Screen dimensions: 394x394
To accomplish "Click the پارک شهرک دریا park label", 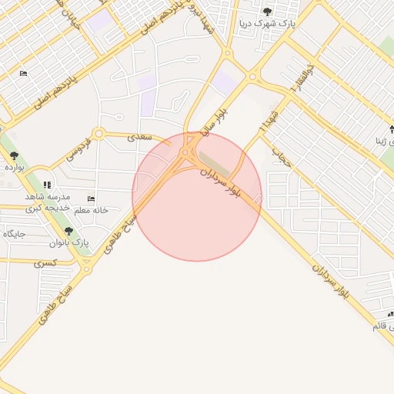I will [x=267, y=23].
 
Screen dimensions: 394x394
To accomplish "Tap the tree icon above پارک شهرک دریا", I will [x=267, y=12].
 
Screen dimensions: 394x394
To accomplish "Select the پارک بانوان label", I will [x=69, y=243].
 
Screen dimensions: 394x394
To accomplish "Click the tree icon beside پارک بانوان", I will [x=68, y=231].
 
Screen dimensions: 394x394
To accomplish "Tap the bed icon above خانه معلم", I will [x=92, y=199].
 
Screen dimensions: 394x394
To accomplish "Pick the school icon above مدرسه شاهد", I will [x=48, y=185].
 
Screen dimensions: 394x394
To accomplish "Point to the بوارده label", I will [x=14, y=166].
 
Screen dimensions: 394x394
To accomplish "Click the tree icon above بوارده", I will [x=14, y=155].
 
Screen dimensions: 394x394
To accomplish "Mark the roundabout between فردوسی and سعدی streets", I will [x=98, y=134].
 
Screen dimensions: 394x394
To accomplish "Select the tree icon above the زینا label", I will [x=391, y=128].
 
